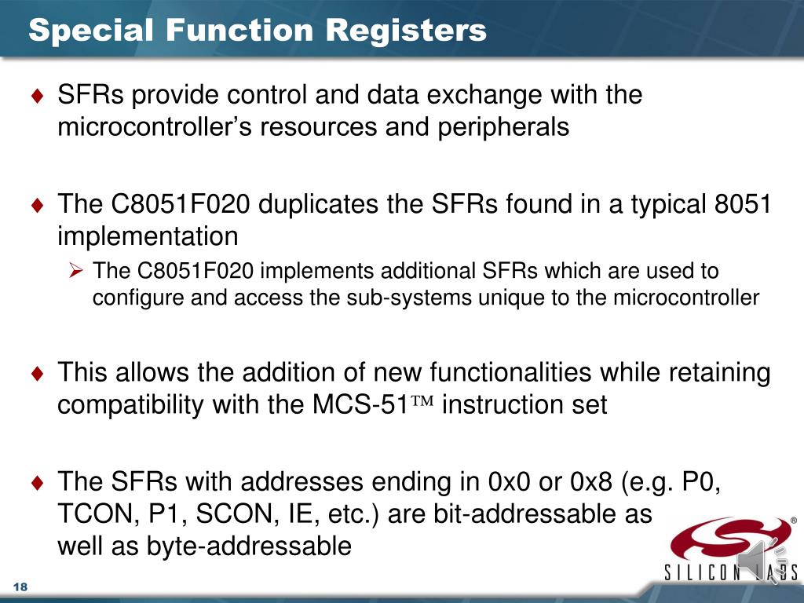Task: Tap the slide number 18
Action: click(x=20, y=589)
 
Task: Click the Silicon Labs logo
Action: click(x=731, y=549)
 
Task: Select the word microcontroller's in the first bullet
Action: click(x=158, y=127)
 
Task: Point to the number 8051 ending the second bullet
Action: click(x=743, y=205)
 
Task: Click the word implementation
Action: click(x=148, y=236)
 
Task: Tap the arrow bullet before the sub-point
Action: click(x=75, y=272)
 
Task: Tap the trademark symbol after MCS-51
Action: click(x=423, y=404)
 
